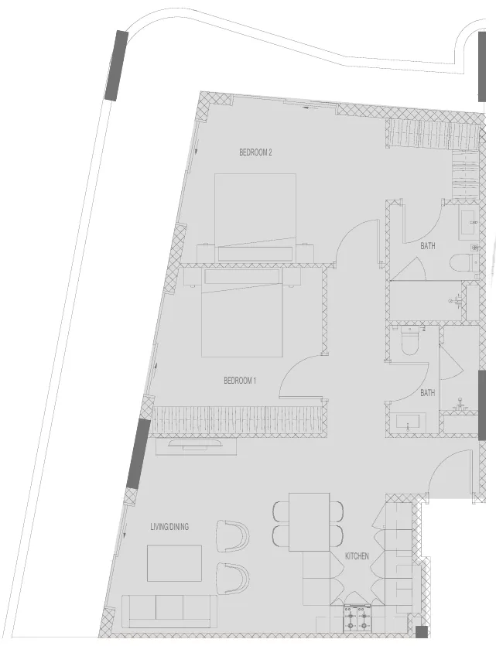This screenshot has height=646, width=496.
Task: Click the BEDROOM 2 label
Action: point(255,152)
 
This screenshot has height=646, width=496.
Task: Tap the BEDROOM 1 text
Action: point(240,380)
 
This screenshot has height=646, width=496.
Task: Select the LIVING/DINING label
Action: point(169,527)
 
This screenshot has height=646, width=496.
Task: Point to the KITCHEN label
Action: point(357,556)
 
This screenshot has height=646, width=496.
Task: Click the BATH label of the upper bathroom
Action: point(428,246)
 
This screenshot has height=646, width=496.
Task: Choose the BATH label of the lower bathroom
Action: point(428,393)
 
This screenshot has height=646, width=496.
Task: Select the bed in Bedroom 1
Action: point(241,316)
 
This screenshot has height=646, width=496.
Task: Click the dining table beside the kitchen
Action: point(309,521)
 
